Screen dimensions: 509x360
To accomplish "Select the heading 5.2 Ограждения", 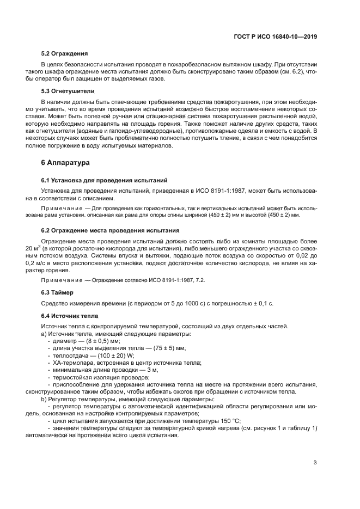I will click(65, 54).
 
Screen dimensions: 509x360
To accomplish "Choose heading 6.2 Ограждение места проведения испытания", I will click(111, 230).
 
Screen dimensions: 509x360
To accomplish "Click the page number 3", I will click(315, 463).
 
